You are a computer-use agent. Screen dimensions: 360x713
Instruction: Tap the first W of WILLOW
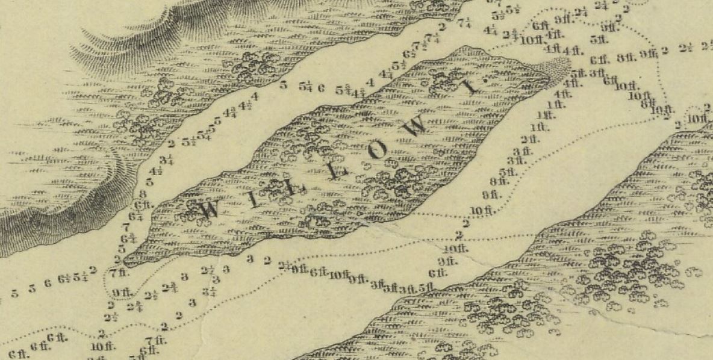[x=211, y=210]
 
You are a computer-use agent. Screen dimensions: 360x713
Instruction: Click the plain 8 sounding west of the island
[x=142, y=194]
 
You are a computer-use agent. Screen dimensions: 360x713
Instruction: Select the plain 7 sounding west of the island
[x=125, y=227]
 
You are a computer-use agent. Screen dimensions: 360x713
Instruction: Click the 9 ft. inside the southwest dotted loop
[x=122, y=293]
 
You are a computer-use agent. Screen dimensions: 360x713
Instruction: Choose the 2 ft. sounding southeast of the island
[x=528, y=140]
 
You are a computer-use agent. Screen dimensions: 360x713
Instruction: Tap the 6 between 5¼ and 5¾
[x=321, y=88]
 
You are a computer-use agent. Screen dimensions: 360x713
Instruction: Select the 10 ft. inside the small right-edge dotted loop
[x=697, y=118]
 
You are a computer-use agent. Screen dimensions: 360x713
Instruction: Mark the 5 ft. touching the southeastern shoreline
[x=426, y=287]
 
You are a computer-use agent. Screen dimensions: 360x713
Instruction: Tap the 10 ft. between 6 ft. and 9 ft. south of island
[x=338, y=275]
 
